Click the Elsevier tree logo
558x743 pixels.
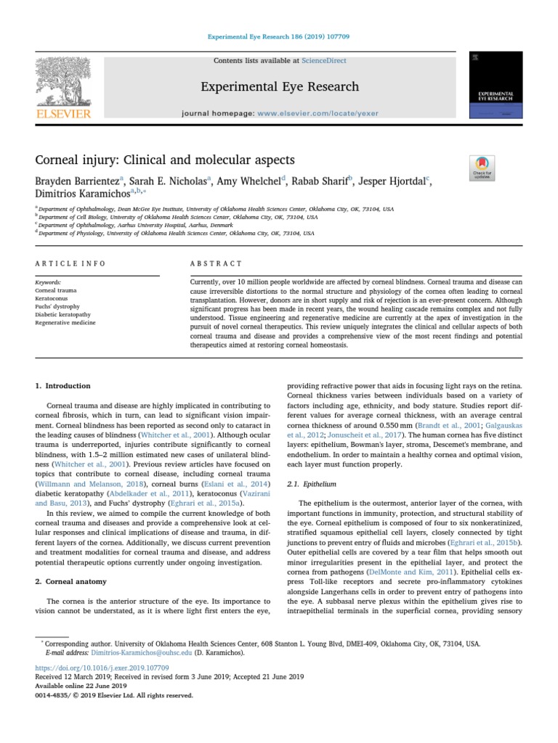pos(64,86)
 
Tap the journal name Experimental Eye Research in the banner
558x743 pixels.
pos(280,87)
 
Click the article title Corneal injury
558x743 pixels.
pos(165,159)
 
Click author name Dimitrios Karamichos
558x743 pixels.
pos(81,194)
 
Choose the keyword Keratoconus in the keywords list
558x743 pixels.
pos(52,298)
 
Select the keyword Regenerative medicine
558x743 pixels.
pos(65,322)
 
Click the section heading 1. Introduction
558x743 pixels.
pos(63,386)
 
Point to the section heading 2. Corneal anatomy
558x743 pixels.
pos(71,582)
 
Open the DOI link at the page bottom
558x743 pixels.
pos(102,667)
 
